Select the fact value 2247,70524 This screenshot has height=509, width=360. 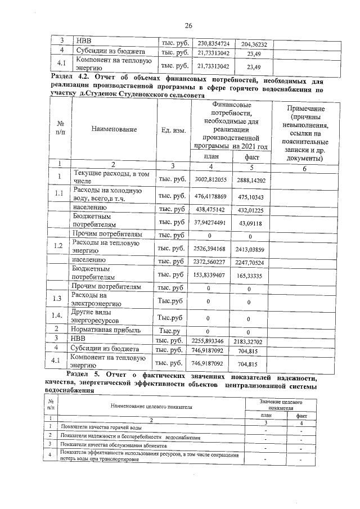coord(251,262)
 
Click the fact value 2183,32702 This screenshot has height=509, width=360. coord(251,341)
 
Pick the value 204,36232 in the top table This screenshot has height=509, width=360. coord(251,44)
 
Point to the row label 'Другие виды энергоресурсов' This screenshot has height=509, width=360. coord(104,316)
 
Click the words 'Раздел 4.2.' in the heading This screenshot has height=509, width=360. coord(70,77)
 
